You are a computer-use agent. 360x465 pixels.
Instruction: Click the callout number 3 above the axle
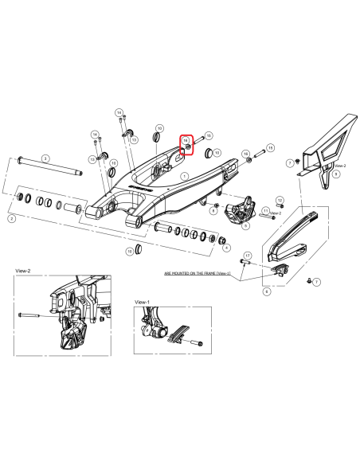point(46,159)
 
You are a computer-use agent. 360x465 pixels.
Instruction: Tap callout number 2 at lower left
point(10,217)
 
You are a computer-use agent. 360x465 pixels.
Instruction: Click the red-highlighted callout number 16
point(186,139)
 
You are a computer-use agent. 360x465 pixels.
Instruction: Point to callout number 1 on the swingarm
point(184,177)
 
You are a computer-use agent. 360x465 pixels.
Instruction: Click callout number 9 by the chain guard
point(336,173)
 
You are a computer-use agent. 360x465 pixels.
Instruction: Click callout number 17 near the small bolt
point(248,256)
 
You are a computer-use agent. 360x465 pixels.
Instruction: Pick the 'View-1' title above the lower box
point(143,303)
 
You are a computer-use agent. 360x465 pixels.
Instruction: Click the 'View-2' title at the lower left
point(22,271)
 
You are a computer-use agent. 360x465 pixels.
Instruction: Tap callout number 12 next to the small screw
point(280,199)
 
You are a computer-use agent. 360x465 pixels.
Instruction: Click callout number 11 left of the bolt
point(265,209)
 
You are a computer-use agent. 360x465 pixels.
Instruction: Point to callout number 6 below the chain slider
point(266,291)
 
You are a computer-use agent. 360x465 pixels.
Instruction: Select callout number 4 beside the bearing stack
point(229,248)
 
